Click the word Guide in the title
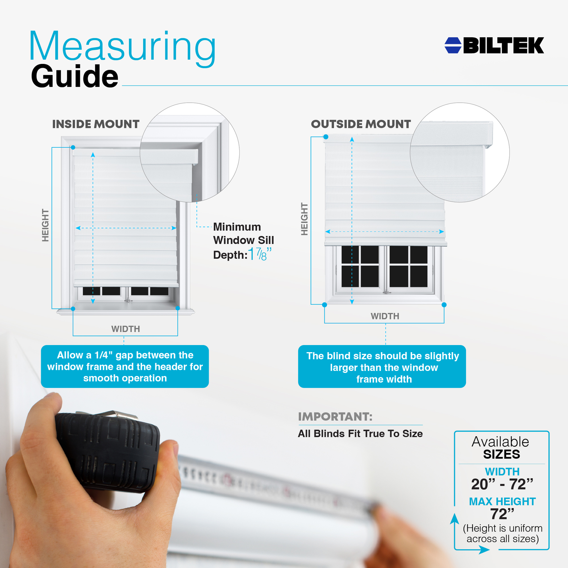[75, 76]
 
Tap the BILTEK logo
[494, 45]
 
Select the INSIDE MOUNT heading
[96, 124]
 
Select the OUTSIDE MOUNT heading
[361, 124]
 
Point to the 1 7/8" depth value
[260, 254]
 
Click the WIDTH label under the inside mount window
[126, 329]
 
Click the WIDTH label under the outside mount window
[385, 316]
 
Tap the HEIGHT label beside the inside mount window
[45, 225]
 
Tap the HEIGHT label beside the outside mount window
[305, 219]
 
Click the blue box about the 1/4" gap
[125, 366]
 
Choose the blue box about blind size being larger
[382, 366]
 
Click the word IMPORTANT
[335, 416]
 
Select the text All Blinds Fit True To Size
[360, 433]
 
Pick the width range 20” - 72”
[502, 484]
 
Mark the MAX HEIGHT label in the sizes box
[502, 501]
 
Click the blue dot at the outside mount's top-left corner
[326, 137]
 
